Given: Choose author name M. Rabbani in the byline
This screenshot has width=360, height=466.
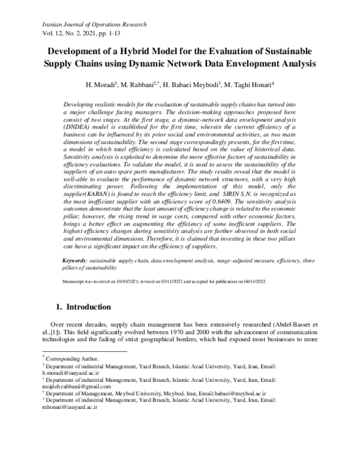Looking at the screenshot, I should pos(140,85).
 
